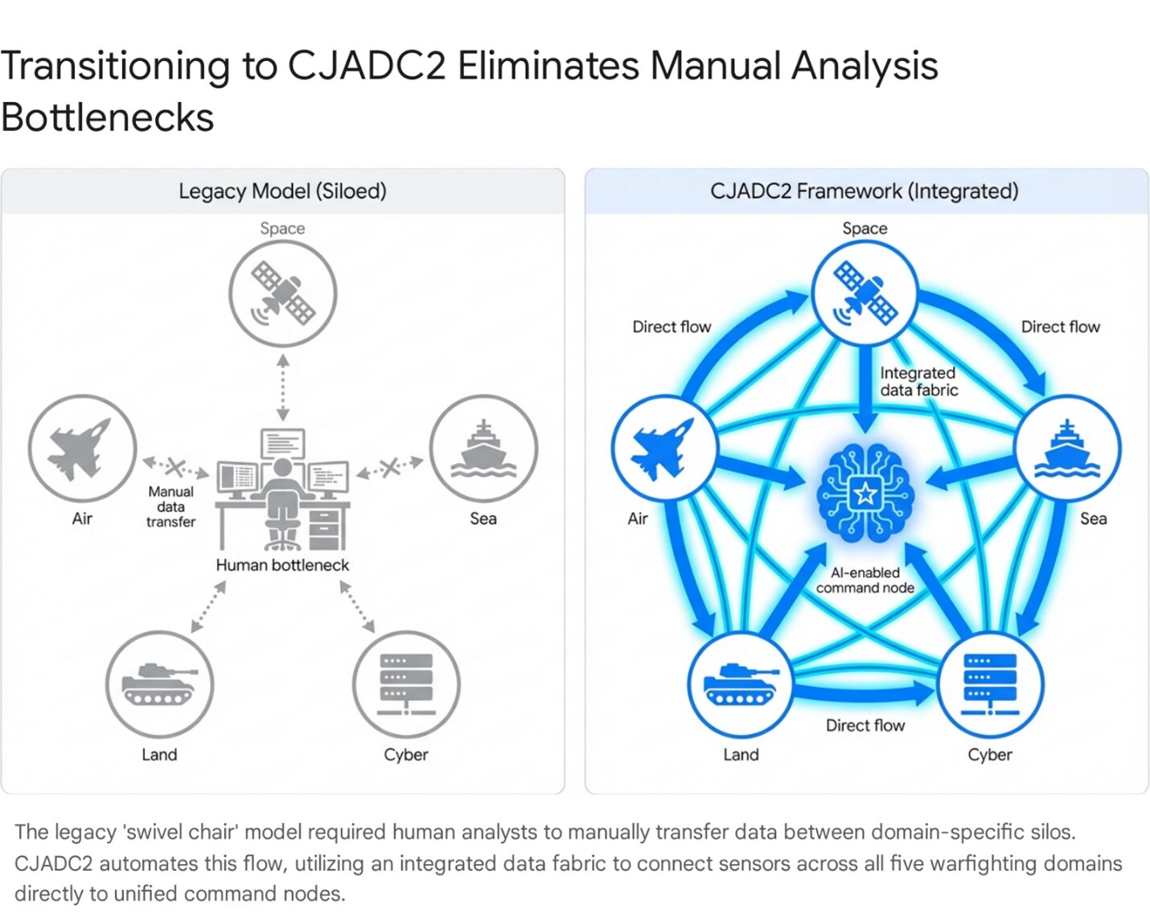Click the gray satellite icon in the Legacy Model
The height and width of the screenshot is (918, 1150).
283,293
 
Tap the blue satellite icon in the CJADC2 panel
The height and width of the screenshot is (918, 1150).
865,293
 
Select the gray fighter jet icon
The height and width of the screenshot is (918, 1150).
82,448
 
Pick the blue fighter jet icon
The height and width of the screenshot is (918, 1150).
664,448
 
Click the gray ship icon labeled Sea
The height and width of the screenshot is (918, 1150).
483,448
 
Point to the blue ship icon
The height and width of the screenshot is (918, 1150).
1067,448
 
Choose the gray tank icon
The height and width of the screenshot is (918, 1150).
159,684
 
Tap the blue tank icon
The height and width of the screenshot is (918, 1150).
741,684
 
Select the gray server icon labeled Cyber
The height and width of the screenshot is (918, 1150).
406,684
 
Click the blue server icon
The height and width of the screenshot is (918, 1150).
990,684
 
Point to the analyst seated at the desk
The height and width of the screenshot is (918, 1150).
281,498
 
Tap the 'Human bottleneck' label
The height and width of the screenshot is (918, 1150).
282,565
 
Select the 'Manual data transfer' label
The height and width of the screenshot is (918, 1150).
170,506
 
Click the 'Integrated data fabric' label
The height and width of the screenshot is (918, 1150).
918,381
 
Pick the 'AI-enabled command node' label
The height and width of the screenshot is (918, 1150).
865,580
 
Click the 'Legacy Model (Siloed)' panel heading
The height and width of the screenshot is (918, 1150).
282,191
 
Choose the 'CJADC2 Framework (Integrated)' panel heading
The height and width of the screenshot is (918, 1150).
865,191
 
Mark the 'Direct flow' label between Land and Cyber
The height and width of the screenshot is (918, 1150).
865,725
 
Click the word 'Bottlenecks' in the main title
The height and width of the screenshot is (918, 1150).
107,117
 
